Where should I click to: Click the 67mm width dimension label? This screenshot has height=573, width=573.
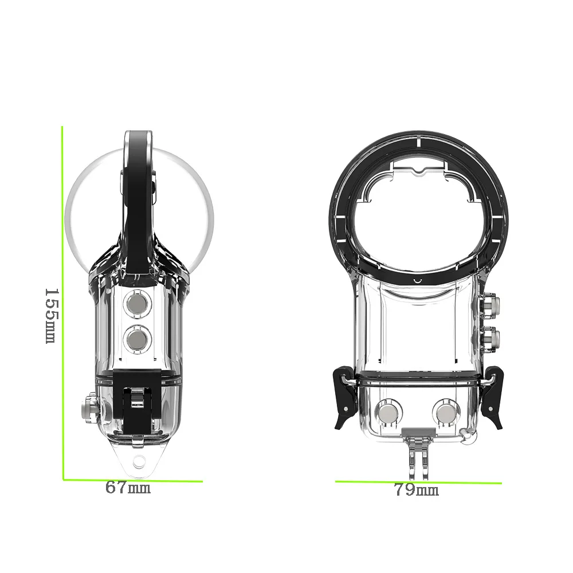coord(128,488)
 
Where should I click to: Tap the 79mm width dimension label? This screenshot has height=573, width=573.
coord(417,490)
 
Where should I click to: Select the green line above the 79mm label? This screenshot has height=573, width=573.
coord(418,482)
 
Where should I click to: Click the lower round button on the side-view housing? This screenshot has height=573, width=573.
coord(137,340)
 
